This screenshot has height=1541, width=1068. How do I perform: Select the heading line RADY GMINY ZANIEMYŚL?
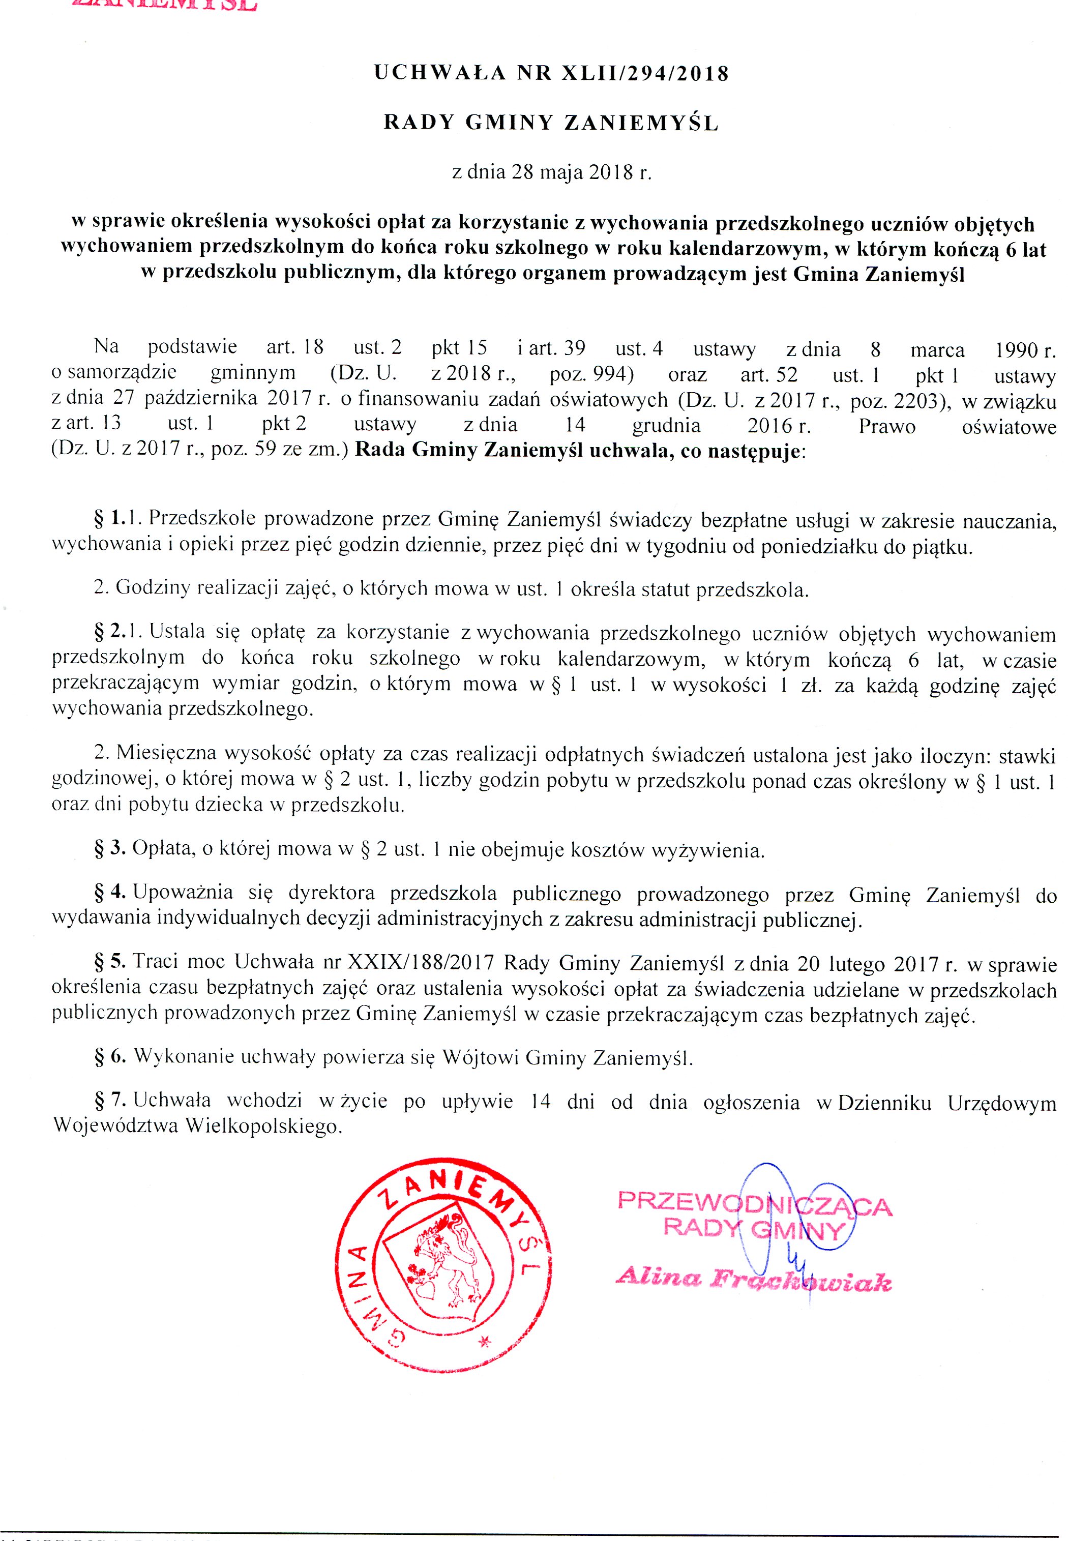(551, 123)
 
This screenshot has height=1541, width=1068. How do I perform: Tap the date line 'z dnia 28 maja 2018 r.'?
(551, 172)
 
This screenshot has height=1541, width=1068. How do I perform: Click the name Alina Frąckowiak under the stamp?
(754, 1280)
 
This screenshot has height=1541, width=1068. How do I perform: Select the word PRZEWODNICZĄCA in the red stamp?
(754, 1204)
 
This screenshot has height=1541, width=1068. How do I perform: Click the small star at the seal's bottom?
(485, 1342)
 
